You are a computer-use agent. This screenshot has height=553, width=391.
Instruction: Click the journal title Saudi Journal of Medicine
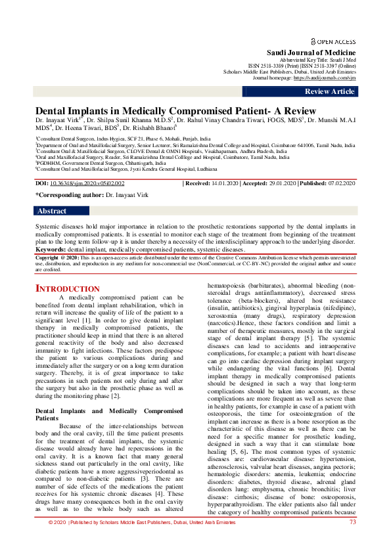coord(311,53)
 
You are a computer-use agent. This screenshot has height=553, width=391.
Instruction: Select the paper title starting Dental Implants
coord(175,111)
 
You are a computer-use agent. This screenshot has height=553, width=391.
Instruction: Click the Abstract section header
coord(53,211)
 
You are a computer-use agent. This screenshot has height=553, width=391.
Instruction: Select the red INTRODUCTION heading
coord(67,289)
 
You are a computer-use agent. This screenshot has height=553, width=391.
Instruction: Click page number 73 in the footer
coord(352,540)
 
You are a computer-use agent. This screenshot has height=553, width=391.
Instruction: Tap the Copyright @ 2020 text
coord(55,259)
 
